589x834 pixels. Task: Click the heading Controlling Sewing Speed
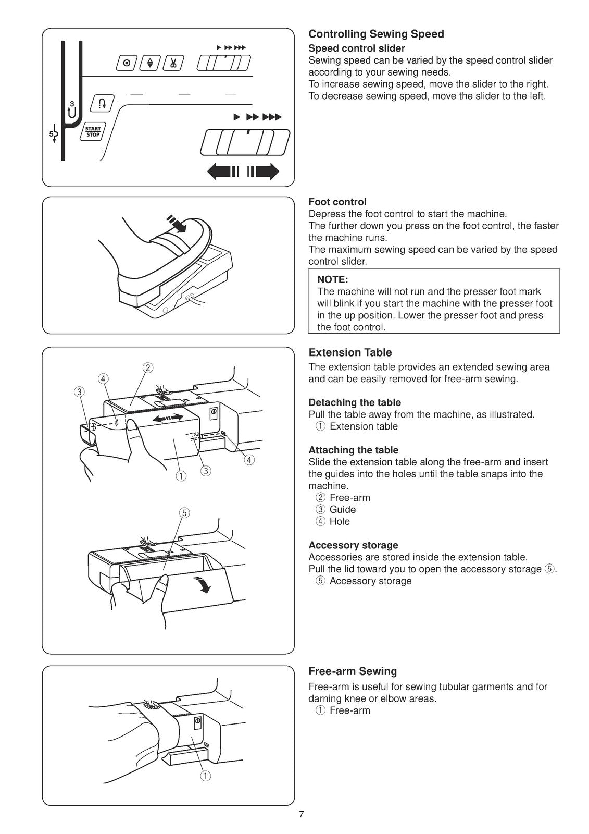376,34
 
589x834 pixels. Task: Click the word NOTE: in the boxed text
332,280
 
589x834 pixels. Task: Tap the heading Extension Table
350,353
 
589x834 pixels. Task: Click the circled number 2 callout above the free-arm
148,368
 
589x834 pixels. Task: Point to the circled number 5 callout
184,513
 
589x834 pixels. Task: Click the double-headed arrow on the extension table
167,418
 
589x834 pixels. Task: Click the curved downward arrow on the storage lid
203,585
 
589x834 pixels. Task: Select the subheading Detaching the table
355,403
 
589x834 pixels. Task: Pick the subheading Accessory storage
353,545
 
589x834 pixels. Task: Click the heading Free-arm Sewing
353,671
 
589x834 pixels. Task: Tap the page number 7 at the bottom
302,815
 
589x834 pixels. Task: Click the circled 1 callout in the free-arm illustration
206,777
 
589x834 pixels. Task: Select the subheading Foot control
337,202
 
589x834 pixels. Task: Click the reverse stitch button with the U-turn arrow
99,103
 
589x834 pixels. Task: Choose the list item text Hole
340,522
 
